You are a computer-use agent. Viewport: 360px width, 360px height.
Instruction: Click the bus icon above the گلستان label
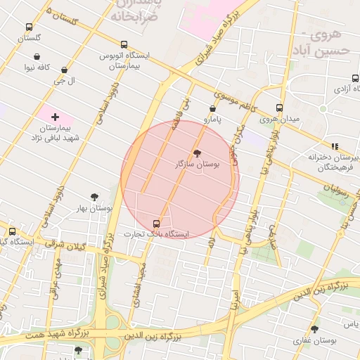29,25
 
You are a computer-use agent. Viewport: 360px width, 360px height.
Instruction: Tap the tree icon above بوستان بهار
94,198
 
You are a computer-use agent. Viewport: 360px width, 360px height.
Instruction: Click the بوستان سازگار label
197,163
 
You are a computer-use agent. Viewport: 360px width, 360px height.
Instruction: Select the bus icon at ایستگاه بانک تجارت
156,223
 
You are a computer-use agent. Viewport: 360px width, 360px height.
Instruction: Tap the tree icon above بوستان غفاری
314,328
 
